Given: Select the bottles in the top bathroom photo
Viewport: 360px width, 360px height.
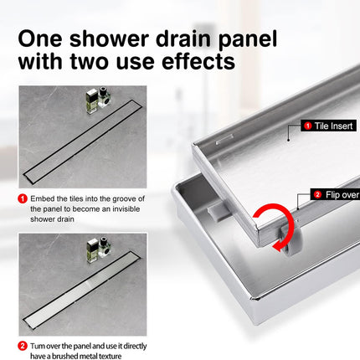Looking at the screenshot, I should [x=96, y=100].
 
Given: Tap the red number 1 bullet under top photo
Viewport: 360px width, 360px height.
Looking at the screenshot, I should [x=22, y=198].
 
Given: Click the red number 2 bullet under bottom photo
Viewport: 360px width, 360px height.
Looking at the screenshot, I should [x=22, y=344].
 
